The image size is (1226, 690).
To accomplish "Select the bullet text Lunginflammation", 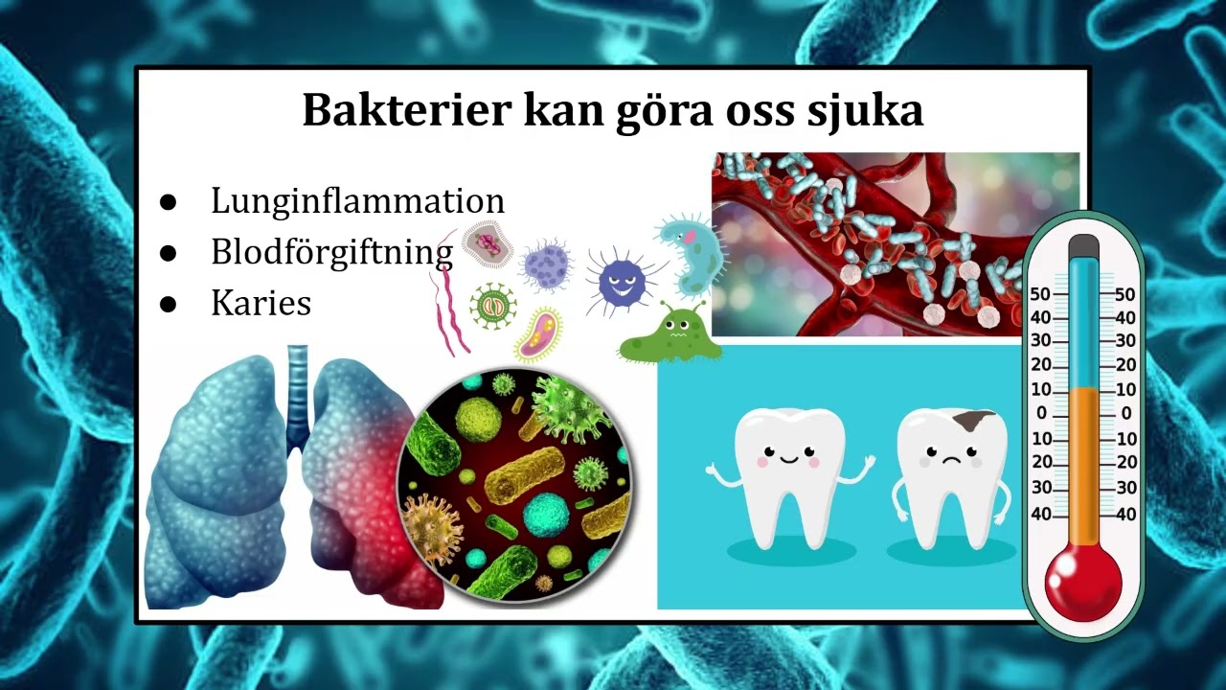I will [357, 201].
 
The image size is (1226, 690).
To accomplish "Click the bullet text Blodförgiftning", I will [331, 252].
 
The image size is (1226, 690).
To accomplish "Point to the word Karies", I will [261, 303].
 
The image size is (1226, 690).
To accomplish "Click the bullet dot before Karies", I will [170, 304].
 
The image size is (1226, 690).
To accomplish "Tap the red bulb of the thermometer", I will [1082, 583].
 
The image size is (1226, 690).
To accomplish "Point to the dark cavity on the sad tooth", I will [977, 421].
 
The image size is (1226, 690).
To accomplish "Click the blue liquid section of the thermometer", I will [1083, 326].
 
